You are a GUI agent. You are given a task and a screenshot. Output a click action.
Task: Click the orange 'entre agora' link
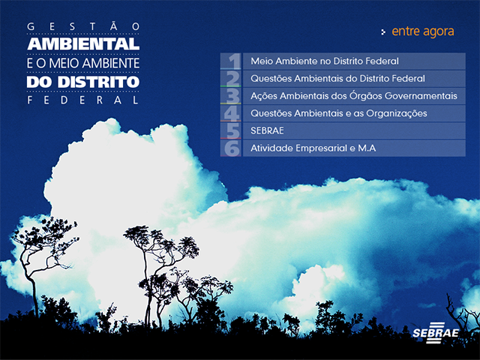pos(423,31)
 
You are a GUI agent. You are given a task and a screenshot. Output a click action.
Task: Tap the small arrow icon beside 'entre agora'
pos(383,31)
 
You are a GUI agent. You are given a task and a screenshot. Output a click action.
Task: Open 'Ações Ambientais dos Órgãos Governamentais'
pos(354,96)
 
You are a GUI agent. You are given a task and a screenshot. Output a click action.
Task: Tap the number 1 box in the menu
pos(231,61)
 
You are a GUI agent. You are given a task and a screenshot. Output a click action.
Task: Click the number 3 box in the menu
pos(231,96)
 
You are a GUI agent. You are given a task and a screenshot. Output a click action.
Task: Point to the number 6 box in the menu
pos(231,148)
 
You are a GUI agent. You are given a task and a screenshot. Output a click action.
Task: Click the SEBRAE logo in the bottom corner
pos(436,333)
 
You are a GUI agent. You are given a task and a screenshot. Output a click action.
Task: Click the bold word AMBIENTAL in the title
pos(83,43)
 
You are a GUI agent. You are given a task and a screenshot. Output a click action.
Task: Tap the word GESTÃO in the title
pos(83,27)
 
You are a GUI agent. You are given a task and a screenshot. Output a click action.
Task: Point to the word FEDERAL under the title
pos(83,100)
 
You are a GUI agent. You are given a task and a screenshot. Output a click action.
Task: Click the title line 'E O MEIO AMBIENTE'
pos(83,63)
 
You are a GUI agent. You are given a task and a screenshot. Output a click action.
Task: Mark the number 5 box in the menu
pos(231,131)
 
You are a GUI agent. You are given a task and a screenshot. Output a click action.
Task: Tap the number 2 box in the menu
pos(231,79)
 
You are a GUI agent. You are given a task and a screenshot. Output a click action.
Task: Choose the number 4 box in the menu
pos(231,113)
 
